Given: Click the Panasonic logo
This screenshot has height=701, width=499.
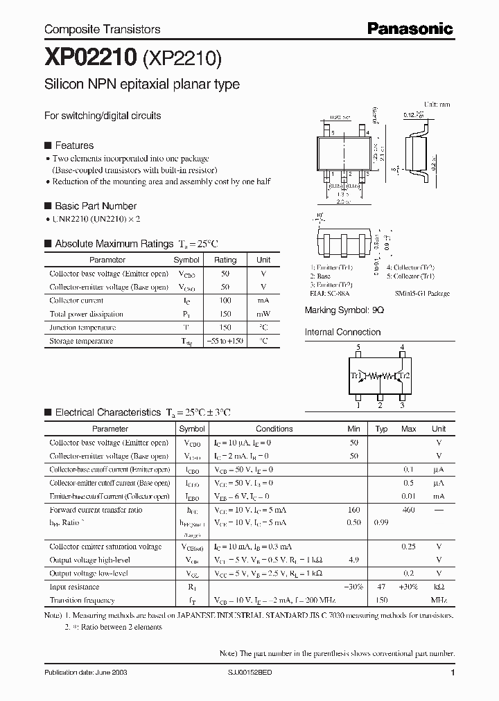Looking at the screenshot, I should pos(410,28).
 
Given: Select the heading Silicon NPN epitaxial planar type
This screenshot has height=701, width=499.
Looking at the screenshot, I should pos(142,85).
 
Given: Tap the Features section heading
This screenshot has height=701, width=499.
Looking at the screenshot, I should pos(73,145).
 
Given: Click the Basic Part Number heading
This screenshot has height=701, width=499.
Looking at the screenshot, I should pos(95,206).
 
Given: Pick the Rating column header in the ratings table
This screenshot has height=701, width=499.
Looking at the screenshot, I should pos(225,260).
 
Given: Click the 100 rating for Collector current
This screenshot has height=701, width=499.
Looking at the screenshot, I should pos(225,301).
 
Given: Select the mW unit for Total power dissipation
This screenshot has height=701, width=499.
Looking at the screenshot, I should pos(263,314).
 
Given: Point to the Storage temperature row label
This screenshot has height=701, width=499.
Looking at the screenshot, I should pos(81,341).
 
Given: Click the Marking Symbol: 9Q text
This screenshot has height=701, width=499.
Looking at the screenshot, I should pos(344,310).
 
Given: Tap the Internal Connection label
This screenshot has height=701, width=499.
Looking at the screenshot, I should pos(342,332).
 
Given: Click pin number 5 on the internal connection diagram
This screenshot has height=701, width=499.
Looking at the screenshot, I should pos(358,347).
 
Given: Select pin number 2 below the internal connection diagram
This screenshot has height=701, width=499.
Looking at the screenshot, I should pos(380,406).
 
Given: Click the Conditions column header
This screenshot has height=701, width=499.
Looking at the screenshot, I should pos(274,429).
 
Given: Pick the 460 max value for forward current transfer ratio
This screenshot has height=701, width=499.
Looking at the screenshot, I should pos(409,510).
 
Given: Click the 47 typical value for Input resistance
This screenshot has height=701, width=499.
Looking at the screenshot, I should pos(380,587).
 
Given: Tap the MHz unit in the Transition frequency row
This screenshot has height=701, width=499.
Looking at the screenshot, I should pos(439,600).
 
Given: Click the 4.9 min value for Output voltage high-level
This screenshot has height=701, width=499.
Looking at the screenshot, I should pos(353,560).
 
